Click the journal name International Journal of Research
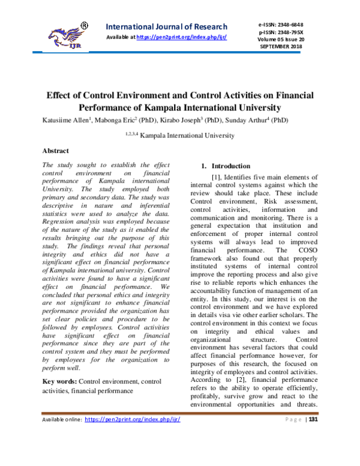click(166, 26)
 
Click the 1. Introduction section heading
click(225, 166)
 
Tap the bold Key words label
click(59, 381)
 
